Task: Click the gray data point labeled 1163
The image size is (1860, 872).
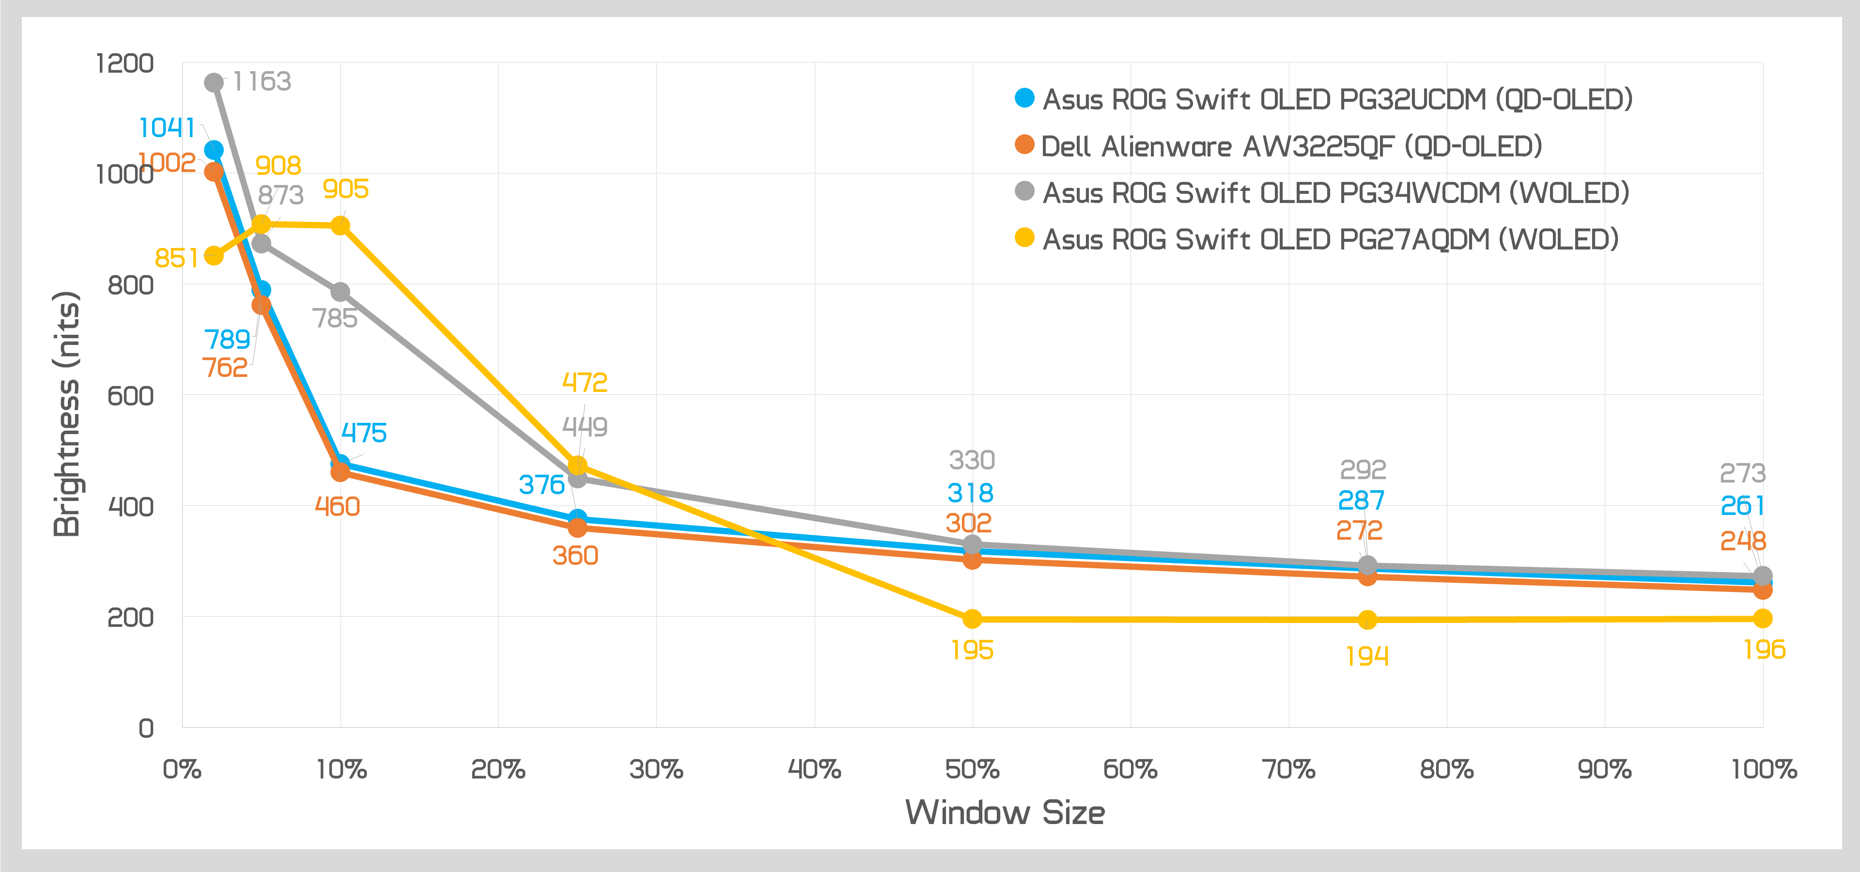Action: [x=214, y=83]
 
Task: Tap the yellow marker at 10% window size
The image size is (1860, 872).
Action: [x=340, y=226]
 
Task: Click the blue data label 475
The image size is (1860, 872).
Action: [x=364, y=433]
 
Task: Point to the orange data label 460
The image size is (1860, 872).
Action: [x=337, y=507]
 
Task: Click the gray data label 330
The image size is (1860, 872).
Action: [x=972, y=460]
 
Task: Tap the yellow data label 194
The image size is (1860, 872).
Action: [x=1367, y=656]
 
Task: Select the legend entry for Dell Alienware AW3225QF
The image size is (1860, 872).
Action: [x=1291, y=146]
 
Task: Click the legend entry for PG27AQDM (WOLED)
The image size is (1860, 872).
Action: [x=1330, y=239]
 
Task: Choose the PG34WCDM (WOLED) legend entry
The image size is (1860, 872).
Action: [x=1336, y=193]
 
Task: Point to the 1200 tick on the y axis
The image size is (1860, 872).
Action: [x=125, y=63]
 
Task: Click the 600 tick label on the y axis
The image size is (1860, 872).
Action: [x=131, y=396]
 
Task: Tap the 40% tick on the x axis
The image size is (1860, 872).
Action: [x=814, y=769]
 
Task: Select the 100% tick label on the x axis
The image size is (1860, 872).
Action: [x=1763, y=769]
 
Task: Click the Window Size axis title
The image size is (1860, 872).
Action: [x=1005, y=813]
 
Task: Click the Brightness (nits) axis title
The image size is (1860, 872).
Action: [x=66, y=414]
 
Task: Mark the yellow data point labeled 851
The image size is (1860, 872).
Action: [x=214, y=255]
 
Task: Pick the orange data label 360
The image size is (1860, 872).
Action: [x=575, y=556]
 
